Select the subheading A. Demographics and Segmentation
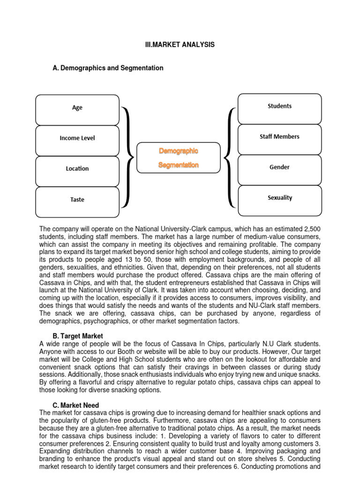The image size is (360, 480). [108, 68]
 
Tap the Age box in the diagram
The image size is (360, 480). [77, 108]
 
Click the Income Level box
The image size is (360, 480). [77, 138]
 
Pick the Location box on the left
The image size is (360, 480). [77, 169]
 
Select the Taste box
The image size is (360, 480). [77, 200]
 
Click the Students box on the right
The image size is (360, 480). [279, 106]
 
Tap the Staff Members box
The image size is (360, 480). [279, 137]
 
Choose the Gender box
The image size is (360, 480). [279, 167]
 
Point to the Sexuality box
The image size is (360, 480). [279, 198]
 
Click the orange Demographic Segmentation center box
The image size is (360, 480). [178, 158]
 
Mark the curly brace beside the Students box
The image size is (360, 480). [230, 157]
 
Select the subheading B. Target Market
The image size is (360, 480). [78, 336]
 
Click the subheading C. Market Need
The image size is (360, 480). [75, 405]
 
